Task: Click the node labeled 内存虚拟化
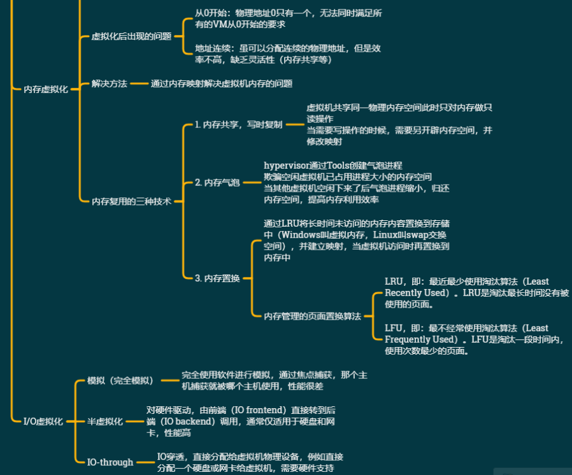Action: point(46,90)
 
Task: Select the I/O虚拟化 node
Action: point(43,421)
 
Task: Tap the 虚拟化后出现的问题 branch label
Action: point(132,36)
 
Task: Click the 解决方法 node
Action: point(110,83)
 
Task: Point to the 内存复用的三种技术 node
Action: point(132,201)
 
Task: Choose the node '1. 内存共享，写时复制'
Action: point(238,125)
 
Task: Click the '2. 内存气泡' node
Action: point(217,183)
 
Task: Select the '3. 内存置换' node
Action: point(217,278)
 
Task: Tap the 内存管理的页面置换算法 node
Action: point(313,316)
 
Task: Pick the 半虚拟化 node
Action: point(105,422)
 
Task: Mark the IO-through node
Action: point(110,462)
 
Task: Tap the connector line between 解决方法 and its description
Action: point(139,83)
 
